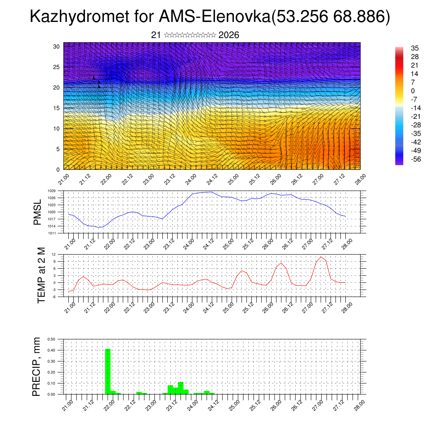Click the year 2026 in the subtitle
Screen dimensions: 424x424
(x=229, y=35)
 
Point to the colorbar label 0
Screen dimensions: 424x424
(x=412, y=91)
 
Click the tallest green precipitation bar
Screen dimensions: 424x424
(x=108, y=371)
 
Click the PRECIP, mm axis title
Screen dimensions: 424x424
(x=38, y=366)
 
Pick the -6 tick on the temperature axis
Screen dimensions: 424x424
(x=53, y=297)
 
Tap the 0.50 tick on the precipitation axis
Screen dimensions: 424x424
(x=51, y=339)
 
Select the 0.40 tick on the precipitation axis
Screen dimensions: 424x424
(x=51, y=350)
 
